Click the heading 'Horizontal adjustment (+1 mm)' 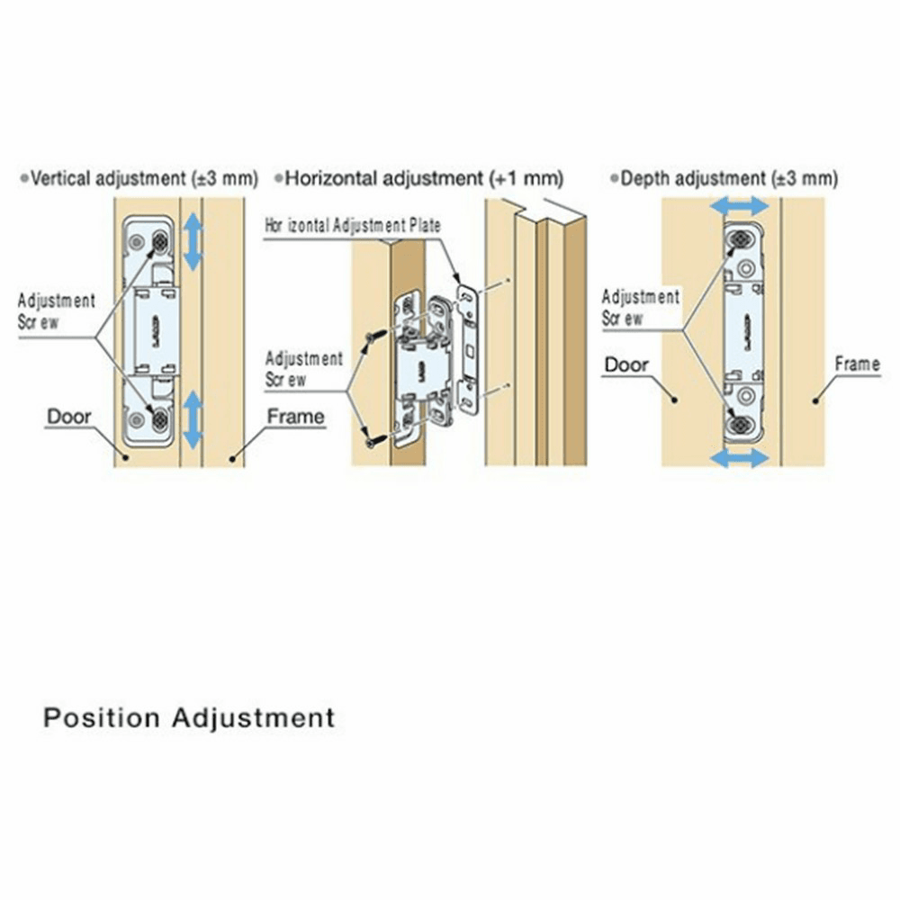(424, 178)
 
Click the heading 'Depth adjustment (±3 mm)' (729, 178)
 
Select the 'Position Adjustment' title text (189, 718)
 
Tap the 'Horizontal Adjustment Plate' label (353, 225)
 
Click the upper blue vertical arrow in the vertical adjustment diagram (193, 241)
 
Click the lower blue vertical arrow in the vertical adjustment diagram (193, 419)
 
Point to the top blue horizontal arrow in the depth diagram (739, 207)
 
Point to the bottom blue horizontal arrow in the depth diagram (739, 458)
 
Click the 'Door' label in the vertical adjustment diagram (69, 417)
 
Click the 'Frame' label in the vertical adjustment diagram (295, 417)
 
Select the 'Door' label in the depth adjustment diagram (626, 364)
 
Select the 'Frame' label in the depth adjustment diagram (857, 364)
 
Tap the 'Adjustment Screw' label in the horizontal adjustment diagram (304, 369)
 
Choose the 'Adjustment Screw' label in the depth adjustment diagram (641, 307)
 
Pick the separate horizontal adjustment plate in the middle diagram (467, 351)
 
